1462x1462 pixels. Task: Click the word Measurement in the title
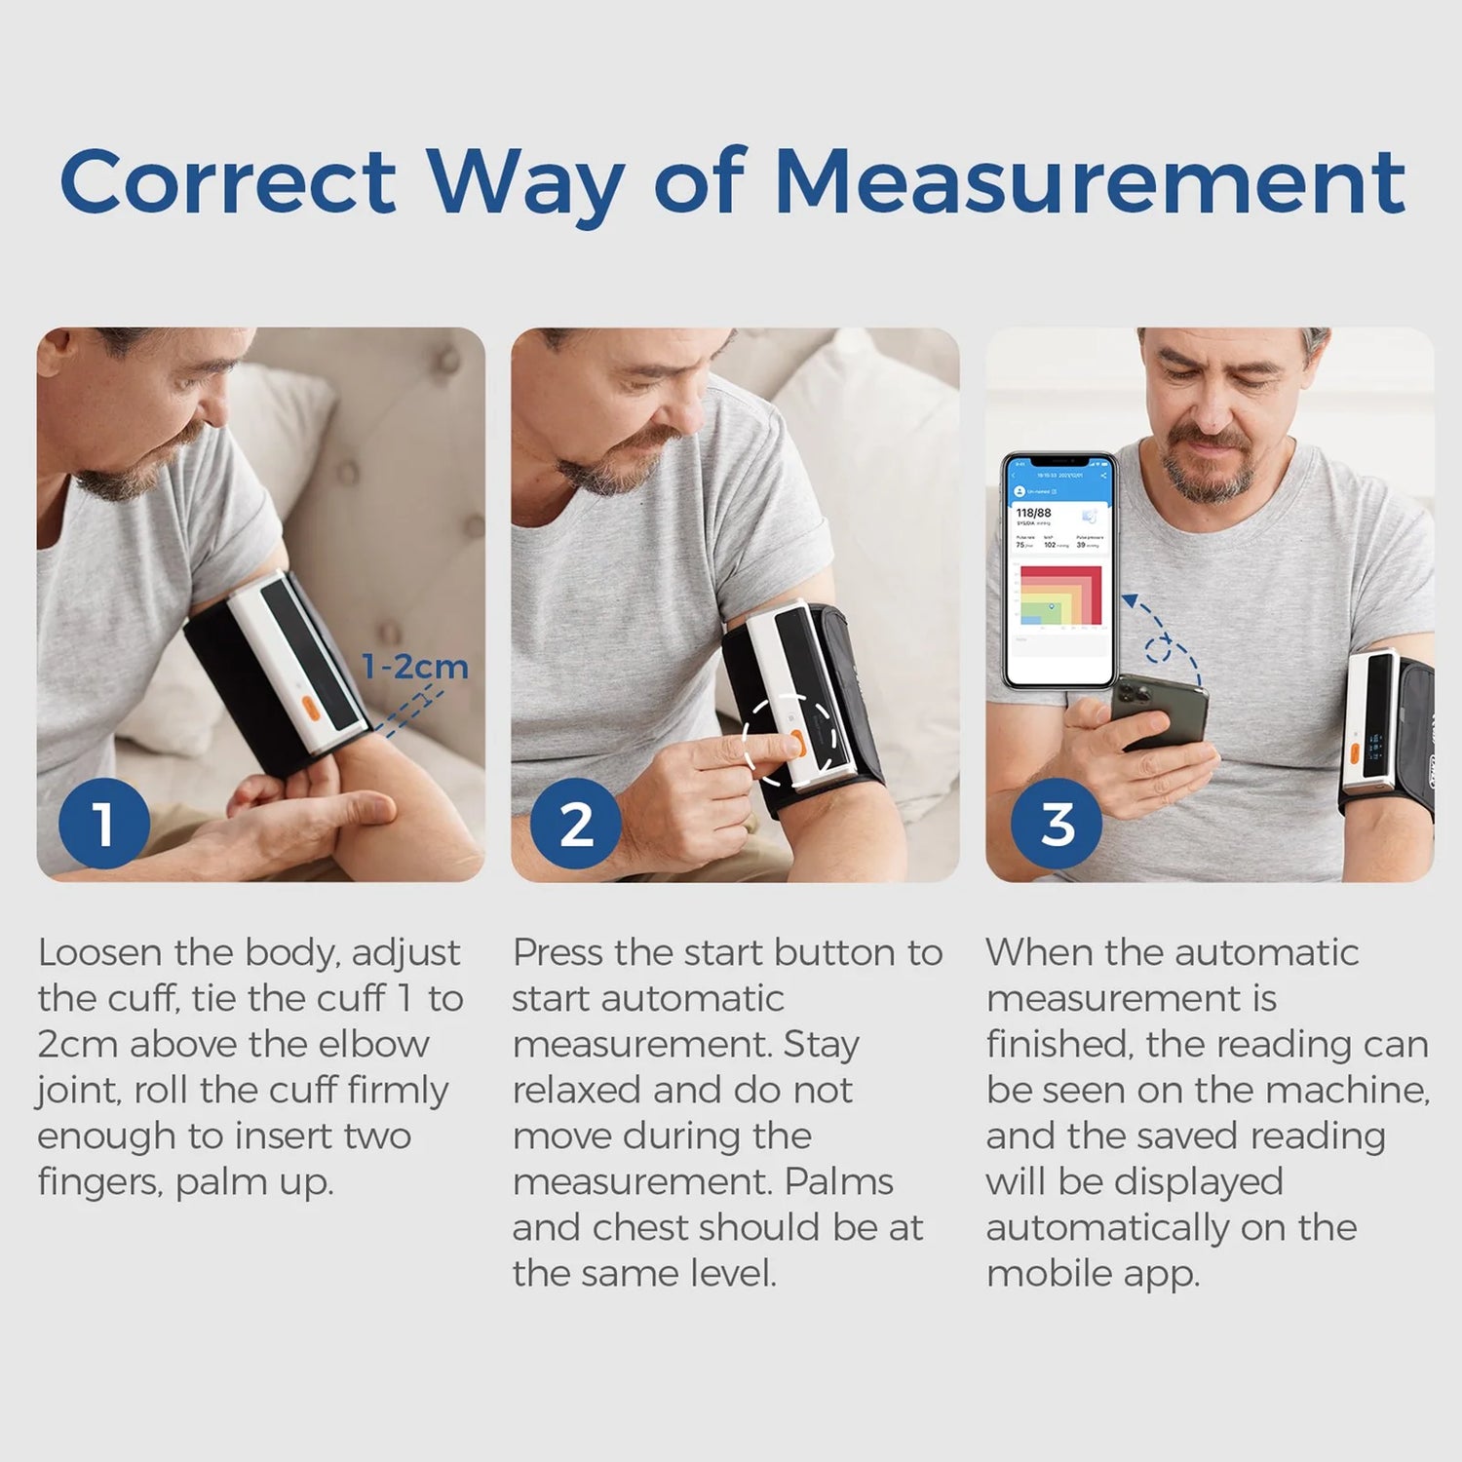(x=1093, y=181)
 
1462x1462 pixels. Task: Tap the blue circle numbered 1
(x=103, y=824)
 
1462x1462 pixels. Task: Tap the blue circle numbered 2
(x=576, y=824)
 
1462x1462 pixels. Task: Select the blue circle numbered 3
(x=1057, y=824)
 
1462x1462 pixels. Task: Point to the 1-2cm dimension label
(x=414, y=668)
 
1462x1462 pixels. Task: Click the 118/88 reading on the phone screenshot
(x=1033, y=513)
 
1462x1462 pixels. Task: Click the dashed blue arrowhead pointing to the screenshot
(x=1131, y=601)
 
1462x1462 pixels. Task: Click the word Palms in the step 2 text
(x=838, y=1182)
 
